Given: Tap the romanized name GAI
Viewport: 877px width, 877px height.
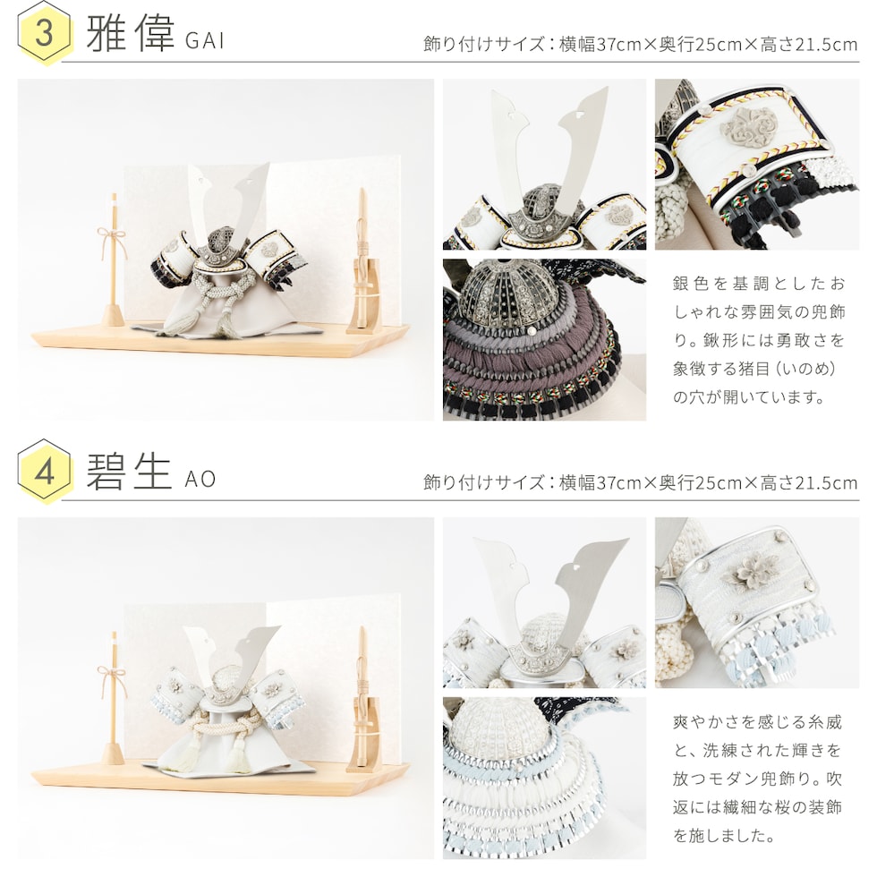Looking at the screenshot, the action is click(x=205, y=40).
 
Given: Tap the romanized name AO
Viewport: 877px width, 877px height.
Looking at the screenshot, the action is click(x=200, y=480).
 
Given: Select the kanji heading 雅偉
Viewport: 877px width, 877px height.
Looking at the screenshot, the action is click(x=131, y=33).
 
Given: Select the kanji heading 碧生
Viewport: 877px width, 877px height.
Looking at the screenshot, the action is click(x=129, y=472).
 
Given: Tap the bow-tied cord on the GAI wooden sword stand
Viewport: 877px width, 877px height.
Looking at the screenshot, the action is click(x=113, y=242).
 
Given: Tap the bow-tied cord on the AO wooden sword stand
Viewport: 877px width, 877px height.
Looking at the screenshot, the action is click(x=113, y=681).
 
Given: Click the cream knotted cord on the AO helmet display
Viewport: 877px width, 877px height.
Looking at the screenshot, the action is click(x=219, y=737).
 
